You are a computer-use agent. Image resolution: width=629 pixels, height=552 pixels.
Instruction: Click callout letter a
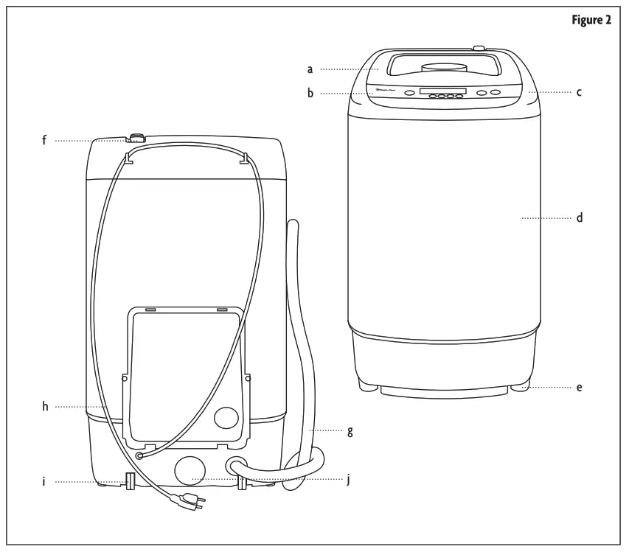click(x=310, y=69)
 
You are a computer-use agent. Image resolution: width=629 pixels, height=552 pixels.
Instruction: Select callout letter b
click(x=310, y=94)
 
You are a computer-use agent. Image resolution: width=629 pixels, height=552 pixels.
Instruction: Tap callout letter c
click(x=580, y=93)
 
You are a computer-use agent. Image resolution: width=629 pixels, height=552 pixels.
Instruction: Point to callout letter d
click(x=580, y=218)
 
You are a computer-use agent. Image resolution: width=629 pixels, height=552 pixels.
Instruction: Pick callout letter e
click(x=580, y=386)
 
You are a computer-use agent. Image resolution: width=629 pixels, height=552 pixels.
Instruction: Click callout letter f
click(x=44, y=139)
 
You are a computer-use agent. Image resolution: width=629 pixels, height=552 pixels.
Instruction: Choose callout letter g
click(x=350, y=431)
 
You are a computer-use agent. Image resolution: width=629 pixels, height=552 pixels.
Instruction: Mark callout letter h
click(x=45, y=406)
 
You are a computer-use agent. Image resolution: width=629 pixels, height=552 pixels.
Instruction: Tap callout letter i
click(x=44, y=482)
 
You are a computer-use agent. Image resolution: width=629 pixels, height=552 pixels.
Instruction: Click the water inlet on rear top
click(x=136, y=137)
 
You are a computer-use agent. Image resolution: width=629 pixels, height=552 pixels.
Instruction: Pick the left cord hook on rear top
click(x=129, y=157)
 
